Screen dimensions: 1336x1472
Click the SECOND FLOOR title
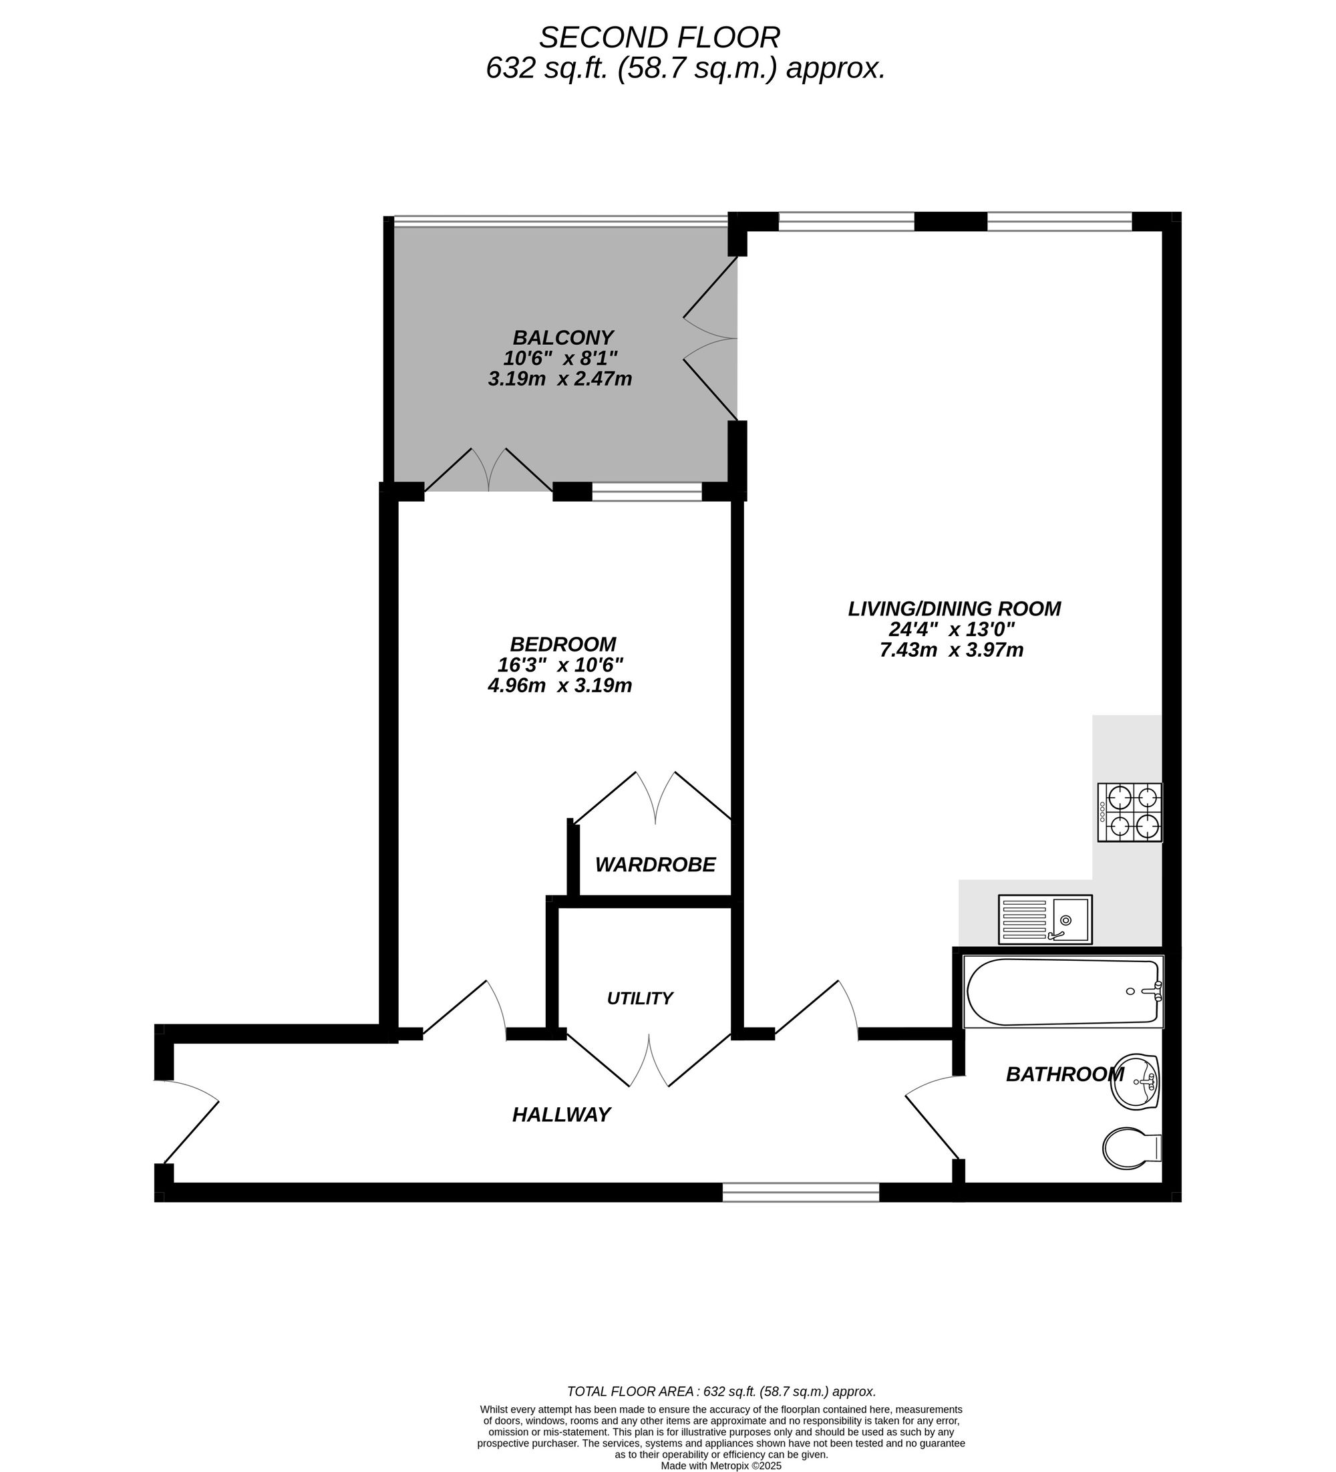(659, 37)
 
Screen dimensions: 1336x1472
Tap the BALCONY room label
(563, 337)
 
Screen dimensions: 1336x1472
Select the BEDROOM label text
(563, 644)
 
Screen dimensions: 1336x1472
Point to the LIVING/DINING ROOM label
(954, 608)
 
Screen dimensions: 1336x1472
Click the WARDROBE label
(655, 865)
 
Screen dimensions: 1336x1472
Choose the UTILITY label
(639, 998)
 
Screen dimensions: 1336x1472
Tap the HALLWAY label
(561, 1115)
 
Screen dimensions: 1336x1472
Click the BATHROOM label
(1064, 1074)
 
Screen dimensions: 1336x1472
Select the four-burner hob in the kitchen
(1130, 812)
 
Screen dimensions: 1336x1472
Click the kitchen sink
(1045, 919)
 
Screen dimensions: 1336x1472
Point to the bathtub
(1063, 992)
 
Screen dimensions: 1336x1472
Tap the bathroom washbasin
(1134, 1081)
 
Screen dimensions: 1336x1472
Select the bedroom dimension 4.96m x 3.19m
(559, 686)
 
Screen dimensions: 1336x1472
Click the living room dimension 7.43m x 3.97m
(951, 649)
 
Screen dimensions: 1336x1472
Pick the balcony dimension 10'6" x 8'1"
(560, 357)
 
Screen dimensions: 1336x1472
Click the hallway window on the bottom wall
(801, 1192)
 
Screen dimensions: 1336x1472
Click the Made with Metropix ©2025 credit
(721, 1465)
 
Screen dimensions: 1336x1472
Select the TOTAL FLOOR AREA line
(721, 1391)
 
